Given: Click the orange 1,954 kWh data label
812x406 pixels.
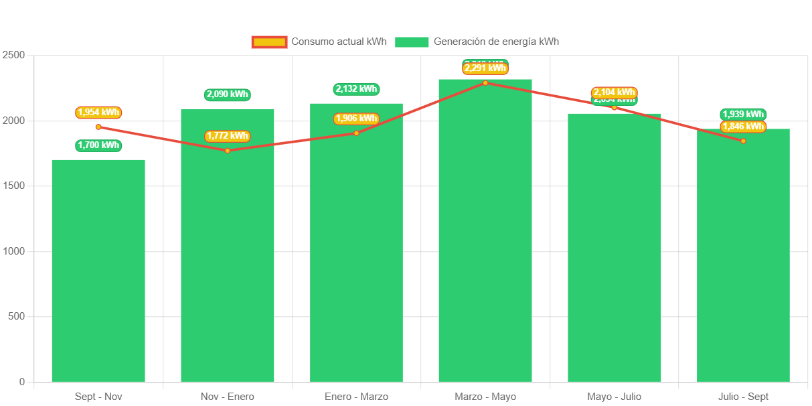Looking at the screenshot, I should [x=98, y=113].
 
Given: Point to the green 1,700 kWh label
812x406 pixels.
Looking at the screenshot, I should [x=98, y=145].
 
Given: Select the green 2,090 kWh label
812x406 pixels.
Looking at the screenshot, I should [x=228, y=94].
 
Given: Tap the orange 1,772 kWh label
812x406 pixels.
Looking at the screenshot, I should [x=228, y=136].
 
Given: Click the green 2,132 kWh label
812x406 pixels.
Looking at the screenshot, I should [x=356, y=89].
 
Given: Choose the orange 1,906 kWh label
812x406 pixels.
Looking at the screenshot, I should [x=356, y=119].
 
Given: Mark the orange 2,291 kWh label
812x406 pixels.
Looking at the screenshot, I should [x=485, y=68].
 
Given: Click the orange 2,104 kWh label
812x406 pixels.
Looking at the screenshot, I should [x=614, y=92].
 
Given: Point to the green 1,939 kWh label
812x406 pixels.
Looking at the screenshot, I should [x=743, y=114].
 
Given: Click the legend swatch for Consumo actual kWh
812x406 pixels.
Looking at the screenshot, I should [x=269, y=42].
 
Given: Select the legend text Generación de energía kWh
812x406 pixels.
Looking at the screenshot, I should [x=496, y=42].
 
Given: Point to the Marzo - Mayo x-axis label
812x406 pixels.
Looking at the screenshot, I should [x=485, y=397].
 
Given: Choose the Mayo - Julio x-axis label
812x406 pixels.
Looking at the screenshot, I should [x=614, y=397].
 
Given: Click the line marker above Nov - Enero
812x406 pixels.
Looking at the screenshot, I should [x=228, y=151].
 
